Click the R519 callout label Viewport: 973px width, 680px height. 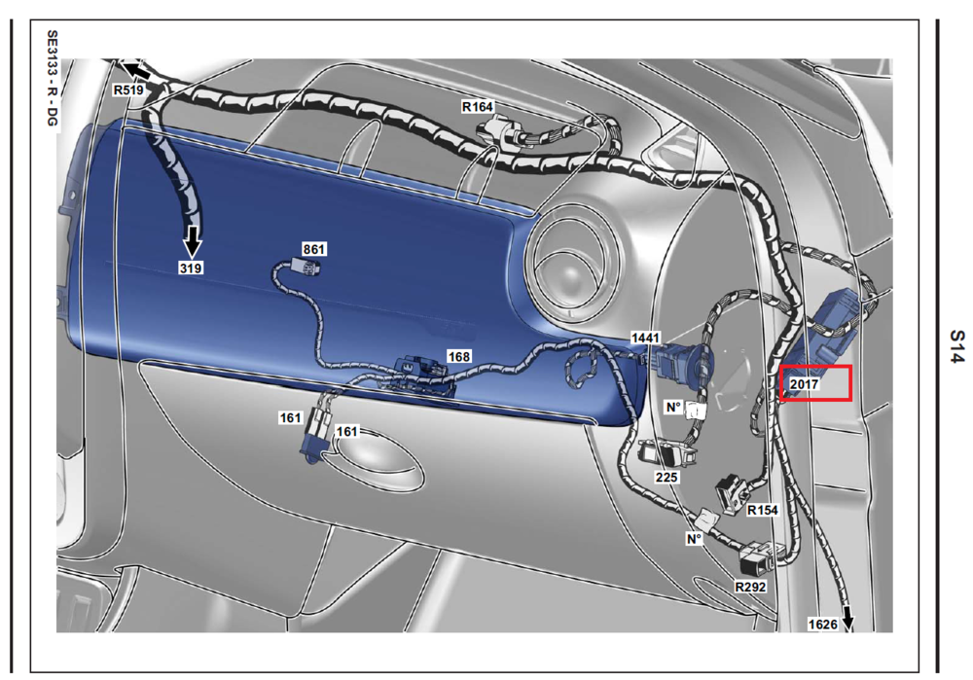128,89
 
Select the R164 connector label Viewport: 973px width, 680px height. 477,107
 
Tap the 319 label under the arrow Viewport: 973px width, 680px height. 191,268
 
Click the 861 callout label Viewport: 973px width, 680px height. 314,249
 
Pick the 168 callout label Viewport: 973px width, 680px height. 458,357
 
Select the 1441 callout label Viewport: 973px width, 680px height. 645,338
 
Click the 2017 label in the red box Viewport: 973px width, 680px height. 805,384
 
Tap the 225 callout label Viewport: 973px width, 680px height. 667,477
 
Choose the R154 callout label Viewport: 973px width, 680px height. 763,510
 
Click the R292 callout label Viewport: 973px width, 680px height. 750,587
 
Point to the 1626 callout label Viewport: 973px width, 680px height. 822,625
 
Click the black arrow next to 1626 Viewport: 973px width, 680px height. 847,621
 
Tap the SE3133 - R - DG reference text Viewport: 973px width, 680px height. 53,79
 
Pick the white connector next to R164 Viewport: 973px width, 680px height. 499,132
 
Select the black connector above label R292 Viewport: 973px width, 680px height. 756,556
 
